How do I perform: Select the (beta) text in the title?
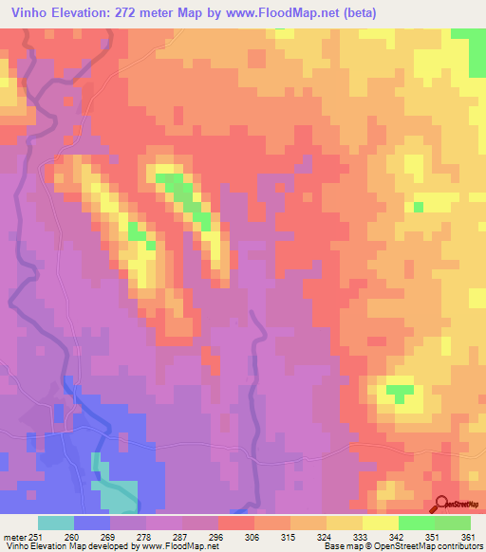(x=356, y=13)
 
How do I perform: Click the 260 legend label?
(x=73, y=536)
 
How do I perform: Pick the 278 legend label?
(x=145, y=536)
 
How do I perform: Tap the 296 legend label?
(x=217, y=536)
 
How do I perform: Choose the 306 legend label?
(x=253, y=536)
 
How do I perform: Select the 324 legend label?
(x=326, y=536)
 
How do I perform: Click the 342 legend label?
(x=398, y=536)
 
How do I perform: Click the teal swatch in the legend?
(x=56, y=523)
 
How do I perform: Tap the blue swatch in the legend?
(x=92, y=523)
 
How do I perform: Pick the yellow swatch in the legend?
(x=345, y=523)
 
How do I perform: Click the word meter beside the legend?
(x=11, y=536)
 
